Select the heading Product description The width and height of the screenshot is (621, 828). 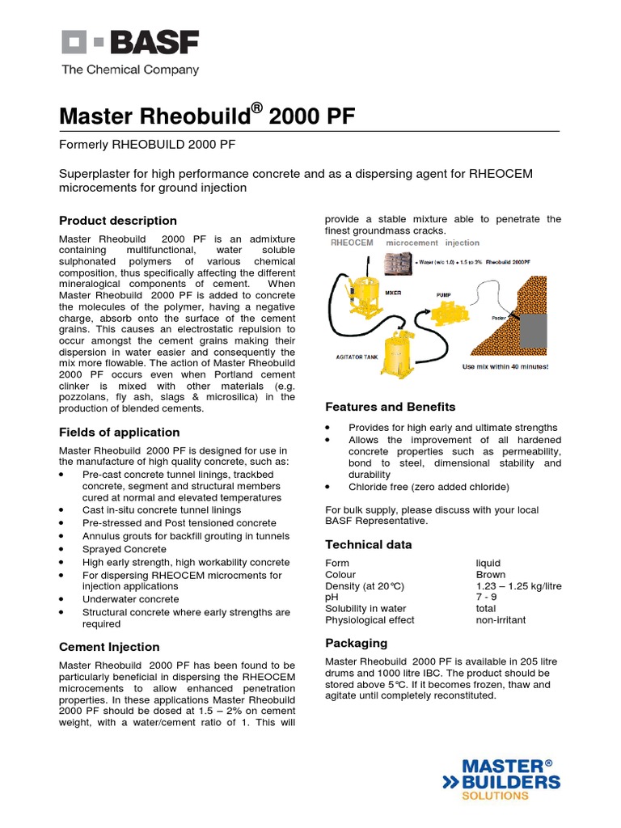click(x=118, y=221)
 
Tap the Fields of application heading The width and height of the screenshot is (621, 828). click(x=120, y=433)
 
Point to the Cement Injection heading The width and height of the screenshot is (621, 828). click(x=109, y=647)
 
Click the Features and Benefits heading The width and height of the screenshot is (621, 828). click(x=390, y=407)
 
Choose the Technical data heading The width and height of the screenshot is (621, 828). click(x=368, y=544)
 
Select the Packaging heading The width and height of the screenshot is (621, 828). click(x=356, y=643)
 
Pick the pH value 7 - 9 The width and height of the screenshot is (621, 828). click(x=486, y=598)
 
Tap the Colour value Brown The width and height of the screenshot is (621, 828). click(x=491, y=575)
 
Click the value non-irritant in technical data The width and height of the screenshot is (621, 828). click(x=501, y=620)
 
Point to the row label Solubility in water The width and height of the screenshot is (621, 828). click(x=365, y=609)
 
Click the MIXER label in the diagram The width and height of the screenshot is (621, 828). click(x=394, y=293)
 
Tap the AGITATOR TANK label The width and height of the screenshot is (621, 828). click(x=356, y=357)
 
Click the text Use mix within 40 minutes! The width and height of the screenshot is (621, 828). click(x=505, y=366)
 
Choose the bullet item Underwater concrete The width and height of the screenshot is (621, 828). click(x=131, y=599)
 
